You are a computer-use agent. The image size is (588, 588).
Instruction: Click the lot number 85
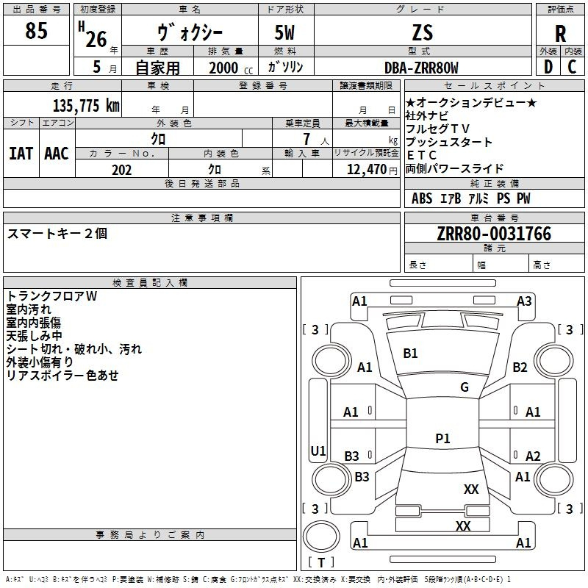coord(36,30)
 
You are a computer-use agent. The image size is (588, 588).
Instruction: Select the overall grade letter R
coord(560,34)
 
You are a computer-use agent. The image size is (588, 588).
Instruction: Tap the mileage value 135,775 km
coord(86,105)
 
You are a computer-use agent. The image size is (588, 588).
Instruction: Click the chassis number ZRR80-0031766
coord(494,233)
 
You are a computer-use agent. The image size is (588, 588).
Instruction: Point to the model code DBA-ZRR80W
coord(421,68)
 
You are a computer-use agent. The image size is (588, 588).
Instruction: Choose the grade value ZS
coord(422,32)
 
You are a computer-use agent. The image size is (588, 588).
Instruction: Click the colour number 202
coord(121,170)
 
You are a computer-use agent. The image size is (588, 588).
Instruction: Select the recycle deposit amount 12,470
coord(366,169)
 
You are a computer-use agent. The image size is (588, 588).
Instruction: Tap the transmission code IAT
coord(21,154)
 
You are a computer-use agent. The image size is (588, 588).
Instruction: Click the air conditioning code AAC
coord(57,154)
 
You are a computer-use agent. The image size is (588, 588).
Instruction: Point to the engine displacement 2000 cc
coord(231,68)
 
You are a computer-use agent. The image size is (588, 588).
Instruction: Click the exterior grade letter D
coord(548,67)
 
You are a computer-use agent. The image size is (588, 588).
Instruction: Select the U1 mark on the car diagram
coord(318,451)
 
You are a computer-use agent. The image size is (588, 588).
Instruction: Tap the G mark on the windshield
coord(465,387)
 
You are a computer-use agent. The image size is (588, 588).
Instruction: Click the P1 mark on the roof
coord(442,438)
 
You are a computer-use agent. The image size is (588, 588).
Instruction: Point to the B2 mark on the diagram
coord(520,367)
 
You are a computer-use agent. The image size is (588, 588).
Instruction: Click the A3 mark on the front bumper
coord(524,301)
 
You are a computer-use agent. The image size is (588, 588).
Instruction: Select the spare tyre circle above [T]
coord(321,537)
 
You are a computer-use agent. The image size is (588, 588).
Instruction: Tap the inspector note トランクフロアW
coord(51,296)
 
